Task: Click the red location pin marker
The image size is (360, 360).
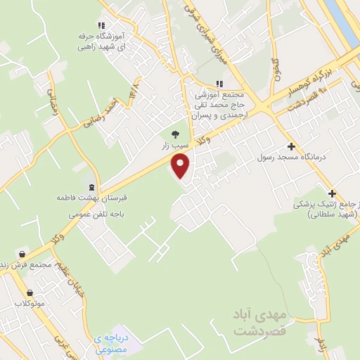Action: point(181,166)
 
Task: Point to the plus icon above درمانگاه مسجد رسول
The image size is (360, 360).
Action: point(290,146)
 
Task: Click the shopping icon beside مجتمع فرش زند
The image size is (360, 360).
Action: point(22,255)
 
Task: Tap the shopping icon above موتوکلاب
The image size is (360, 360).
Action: point(30,292)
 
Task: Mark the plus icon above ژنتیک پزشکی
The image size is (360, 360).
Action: point(332,193)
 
